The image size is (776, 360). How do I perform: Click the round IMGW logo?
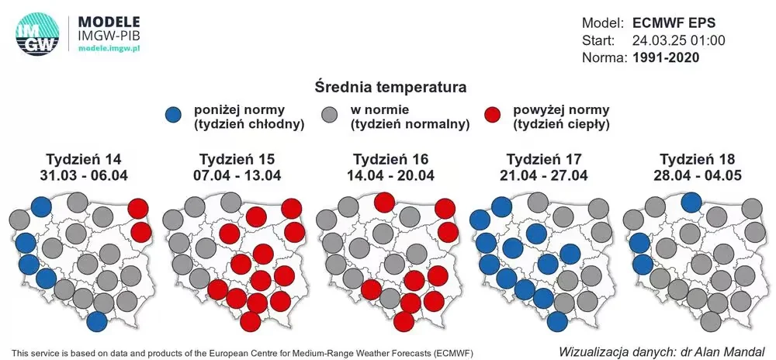[37, 33]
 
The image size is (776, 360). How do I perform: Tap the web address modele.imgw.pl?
[109, 48]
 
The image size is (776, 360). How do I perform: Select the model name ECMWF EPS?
[674, 23]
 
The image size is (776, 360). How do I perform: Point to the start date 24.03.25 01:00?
[679, 40]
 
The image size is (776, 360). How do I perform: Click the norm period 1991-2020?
[666, 57]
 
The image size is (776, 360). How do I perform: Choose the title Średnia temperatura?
[390, 88]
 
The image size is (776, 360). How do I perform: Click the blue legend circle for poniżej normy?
[176, 116]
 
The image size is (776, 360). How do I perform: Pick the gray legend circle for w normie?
[330, 116]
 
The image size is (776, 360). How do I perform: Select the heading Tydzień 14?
[84, 159]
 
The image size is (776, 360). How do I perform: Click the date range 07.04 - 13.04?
[237, 175]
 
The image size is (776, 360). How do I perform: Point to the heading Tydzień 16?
[390, 159]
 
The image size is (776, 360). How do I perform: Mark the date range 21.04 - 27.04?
[544, 175]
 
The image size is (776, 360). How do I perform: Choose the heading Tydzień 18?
[698, 159]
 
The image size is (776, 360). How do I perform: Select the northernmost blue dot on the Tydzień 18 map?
[691, 202]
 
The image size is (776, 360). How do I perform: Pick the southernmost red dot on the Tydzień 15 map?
[251, 321]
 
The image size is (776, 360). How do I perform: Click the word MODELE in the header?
[109, 22]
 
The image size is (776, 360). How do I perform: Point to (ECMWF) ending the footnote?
[453, 353]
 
